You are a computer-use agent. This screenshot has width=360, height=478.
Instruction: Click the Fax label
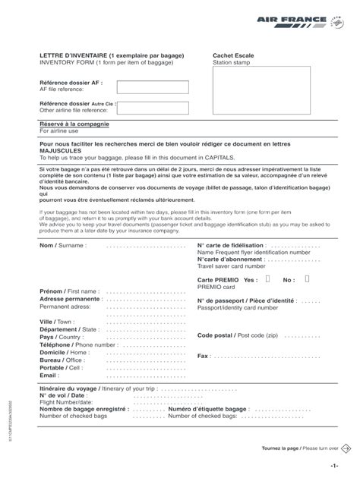(x=203, y=356)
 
